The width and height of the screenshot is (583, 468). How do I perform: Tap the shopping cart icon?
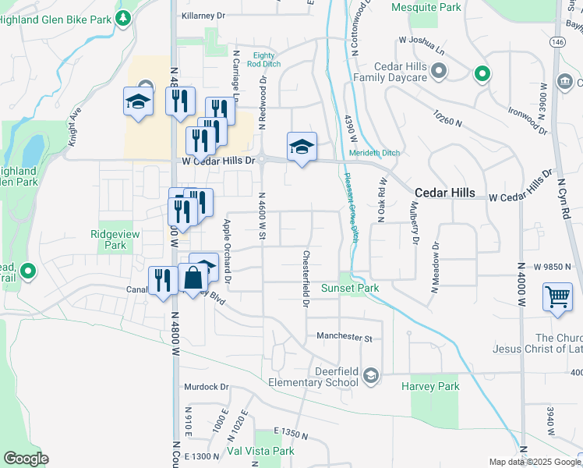click(557, 297)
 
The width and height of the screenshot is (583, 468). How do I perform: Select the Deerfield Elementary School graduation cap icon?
click(371, 377)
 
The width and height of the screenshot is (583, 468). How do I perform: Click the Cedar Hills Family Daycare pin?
click(439, 73)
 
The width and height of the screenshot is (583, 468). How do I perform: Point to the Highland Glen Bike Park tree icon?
click(123, 17)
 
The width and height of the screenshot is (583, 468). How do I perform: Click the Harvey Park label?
click(430, 386)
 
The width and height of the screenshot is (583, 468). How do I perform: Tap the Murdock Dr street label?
click(206, 386)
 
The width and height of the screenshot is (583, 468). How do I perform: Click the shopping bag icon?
click(193, 277)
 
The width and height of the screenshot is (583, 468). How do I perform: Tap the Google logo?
click(26, 459)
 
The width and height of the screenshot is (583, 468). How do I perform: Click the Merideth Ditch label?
click(374, 153)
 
